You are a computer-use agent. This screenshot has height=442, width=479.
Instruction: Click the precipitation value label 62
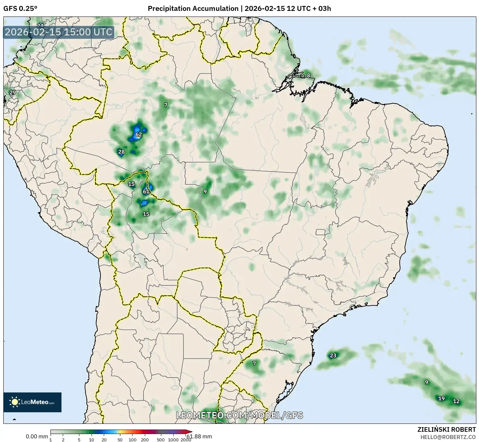(139, 134)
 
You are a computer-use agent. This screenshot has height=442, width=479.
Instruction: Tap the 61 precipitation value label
(146, 192)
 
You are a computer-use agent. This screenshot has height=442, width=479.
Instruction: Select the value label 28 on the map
(121, 152)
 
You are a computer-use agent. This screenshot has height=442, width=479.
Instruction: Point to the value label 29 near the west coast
(13, 92)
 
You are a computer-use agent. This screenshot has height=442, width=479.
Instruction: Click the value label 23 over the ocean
(333, 355)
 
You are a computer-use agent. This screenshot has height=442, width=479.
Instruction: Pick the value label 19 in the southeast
(441, 398)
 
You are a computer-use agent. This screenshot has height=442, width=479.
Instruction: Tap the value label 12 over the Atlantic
(456, 401)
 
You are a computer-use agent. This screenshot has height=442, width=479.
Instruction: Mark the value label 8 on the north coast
(308, 75)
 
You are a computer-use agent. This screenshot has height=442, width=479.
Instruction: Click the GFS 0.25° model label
(20, 9)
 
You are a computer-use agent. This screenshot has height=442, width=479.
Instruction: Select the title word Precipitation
(168, 9)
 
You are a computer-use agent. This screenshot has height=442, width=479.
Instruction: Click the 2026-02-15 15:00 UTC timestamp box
(59, 32)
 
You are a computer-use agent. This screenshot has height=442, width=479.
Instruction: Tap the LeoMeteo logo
(32, 402)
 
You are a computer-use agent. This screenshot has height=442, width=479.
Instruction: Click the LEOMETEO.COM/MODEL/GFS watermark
(239, 415)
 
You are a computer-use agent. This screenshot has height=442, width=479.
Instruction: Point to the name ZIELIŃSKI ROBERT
(447, 430)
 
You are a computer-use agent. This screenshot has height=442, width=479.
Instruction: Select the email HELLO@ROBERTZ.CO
(448, 437)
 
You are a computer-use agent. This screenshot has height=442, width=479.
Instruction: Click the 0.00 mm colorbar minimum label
(37, 437)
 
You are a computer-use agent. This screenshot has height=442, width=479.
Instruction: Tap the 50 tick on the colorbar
(120, 440)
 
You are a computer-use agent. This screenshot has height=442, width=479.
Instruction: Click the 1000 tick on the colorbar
(173, 440)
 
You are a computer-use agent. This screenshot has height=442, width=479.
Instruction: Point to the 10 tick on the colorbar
(91, 440)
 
